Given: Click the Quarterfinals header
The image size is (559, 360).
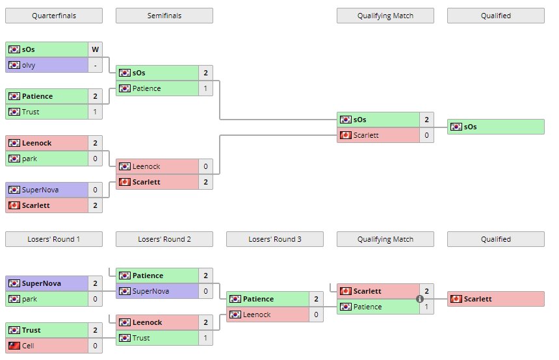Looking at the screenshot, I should click(54, 16).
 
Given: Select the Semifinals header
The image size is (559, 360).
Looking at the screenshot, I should click(164, 16).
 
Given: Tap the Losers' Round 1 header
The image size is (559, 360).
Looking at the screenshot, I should click(54, 239).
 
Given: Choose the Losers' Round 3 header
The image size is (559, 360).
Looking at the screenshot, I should click(275, 239).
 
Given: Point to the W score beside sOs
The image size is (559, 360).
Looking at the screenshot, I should click(96, 49).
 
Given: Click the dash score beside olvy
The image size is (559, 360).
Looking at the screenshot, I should click(96, 65).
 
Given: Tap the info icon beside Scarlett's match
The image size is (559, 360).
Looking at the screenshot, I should click(420, 299).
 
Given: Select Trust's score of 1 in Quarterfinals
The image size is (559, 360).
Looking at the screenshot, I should click(96, 112).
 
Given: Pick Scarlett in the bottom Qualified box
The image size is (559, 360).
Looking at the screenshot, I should click(478, 299).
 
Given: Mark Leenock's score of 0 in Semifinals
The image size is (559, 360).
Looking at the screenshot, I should click(205, 166).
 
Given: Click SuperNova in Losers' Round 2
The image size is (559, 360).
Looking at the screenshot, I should click(151, 291).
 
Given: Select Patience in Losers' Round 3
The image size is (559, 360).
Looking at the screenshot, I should click(258, 299).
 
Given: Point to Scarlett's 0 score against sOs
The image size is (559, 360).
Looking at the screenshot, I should click(426, 135).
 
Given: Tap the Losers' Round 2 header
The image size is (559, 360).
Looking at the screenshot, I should click(164, 239).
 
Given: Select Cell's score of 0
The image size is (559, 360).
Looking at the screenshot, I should click(96, 346).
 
